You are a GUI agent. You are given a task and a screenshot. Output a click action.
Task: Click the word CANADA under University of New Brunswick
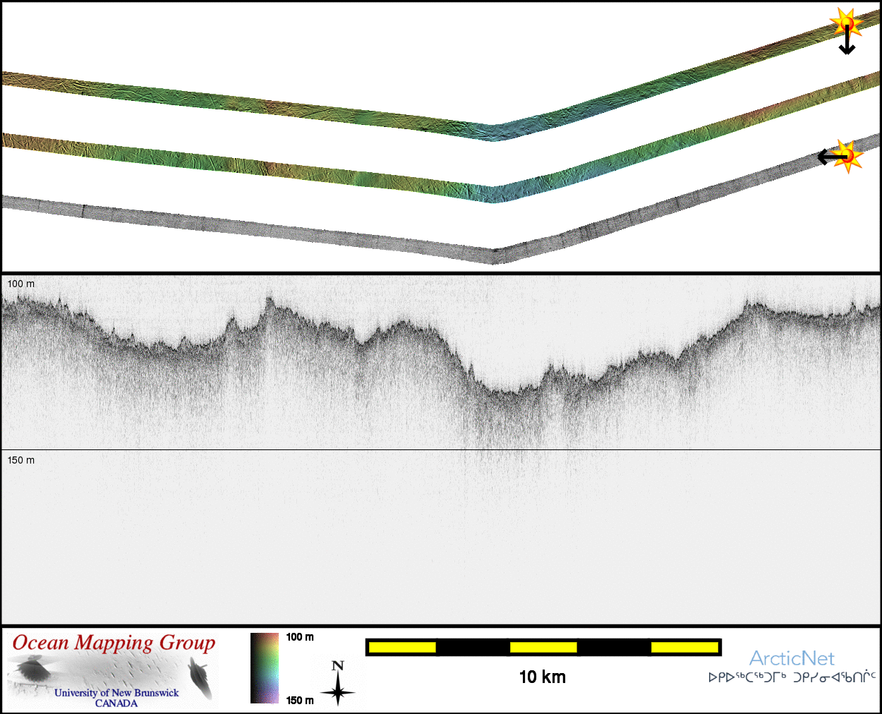coord(116,703)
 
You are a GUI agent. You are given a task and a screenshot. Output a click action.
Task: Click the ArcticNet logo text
coord(792,658)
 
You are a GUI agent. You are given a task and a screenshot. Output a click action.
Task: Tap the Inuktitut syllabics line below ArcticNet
coord(792,677)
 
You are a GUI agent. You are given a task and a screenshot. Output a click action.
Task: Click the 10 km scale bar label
coord(543,677)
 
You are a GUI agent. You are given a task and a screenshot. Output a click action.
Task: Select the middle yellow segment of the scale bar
coord(543,648)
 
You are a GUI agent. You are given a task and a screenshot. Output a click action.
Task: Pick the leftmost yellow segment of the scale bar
coord(402,648)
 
